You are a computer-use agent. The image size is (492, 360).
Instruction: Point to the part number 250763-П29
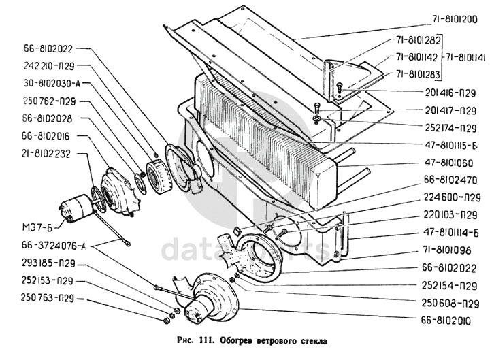pyautogui.click(x=46, y=297)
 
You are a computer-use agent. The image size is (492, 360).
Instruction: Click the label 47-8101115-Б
pyautogui.click(x=451, y=144)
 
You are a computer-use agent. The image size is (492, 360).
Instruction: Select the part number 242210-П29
pyautogui.click(x=46, y=67)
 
